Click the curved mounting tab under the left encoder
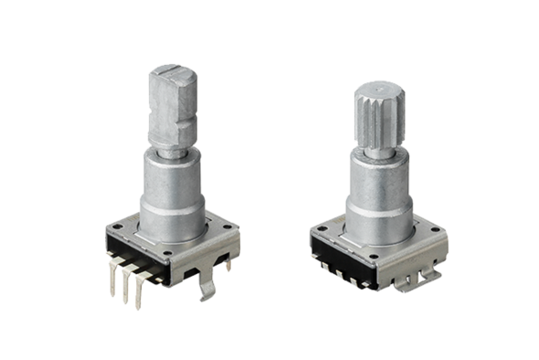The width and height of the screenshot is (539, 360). [x=209, y=285]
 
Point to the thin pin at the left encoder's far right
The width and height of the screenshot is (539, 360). [x=229, y=265]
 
